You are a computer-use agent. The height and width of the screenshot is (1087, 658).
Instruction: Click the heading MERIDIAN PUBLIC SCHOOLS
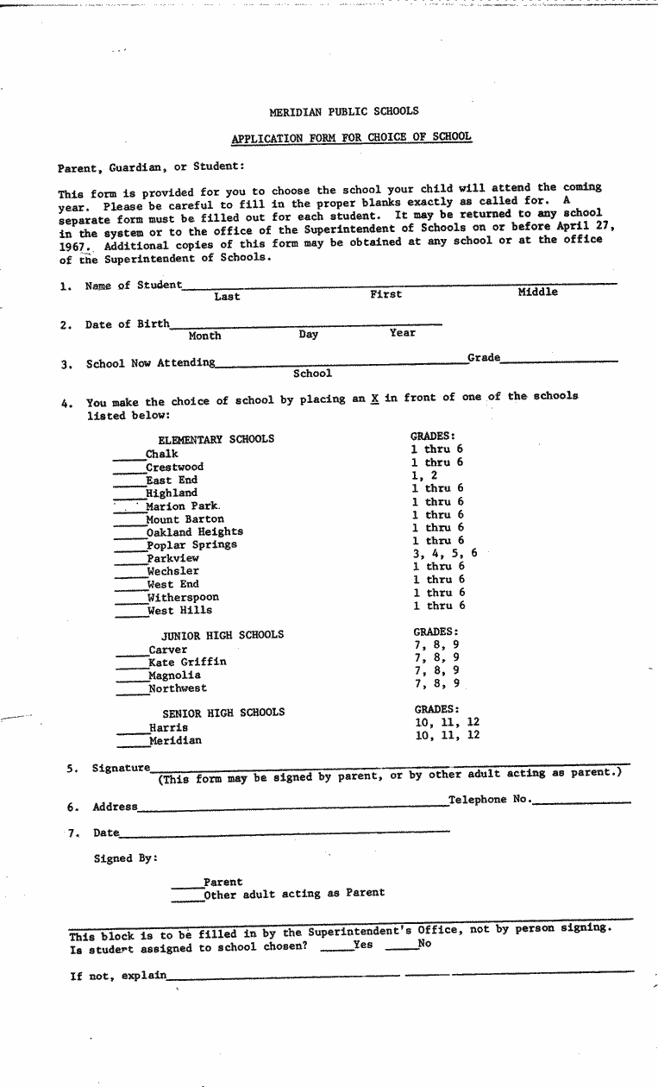point(343,111)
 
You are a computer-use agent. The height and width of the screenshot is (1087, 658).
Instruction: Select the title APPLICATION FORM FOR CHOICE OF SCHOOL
point(351,137)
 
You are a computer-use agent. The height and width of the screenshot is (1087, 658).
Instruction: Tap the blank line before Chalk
point(128,456)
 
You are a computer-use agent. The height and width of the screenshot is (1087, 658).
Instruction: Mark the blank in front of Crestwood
point(128,469)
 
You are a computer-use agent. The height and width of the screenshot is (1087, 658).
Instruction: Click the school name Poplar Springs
point(191,545)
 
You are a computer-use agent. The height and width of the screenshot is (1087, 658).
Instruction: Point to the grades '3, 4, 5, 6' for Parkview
point(444,554)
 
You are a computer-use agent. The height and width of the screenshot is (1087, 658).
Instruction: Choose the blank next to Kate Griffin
point(132,665)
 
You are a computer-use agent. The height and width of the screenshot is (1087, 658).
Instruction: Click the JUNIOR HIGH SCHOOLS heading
point(222,636)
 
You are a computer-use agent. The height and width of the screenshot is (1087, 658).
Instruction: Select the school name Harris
point(168,727)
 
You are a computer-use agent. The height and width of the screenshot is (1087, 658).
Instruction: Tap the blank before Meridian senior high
point(132,744)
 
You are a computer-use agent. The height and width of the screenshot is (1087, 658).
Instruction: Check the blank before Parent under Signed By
point(186,885)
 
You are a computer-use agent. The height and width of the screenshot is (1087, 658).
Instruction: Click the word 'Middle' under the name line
point(537,292)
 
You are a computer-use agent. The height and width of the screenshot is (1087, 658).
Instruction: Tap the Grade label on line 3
point(483,357)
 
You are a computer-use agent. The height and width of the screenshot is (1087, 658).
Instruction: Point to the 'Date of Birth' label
point(128,324)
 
